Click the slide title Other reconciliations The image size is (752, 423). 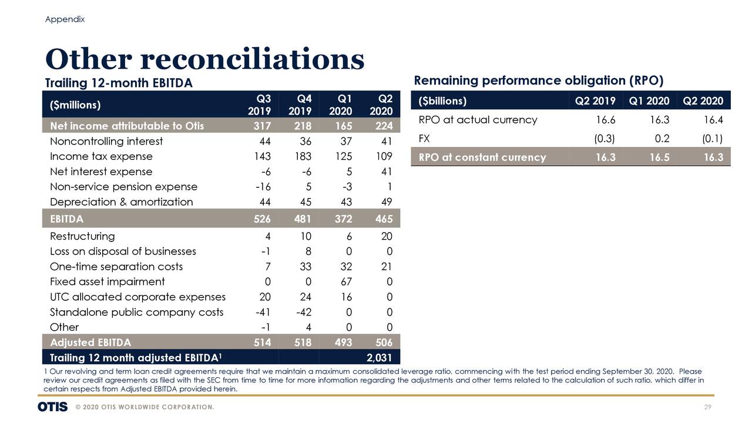[x=204, y=59]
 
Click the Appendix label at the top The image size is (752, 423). [x=65, y=19]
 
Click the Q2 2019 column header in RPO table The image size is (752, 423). [x=595, y=100]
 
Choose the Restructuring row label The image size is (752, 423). [x=82, y=236]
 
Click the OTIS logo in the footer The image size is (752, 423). [x=52, y=407]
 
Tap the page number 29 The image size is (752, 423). [x=708, y=407]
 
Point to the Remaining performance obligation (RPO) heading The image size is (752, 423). [x=539, y=80]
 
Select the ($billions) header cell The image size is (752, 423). [x=442, y=100]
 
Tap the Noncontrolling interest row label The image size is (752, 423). [x=106, y=141]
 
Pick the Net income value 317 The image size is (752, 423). [x=261, y=125]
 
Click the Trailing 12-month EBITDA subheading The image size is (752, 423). [x=119, y=83]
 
